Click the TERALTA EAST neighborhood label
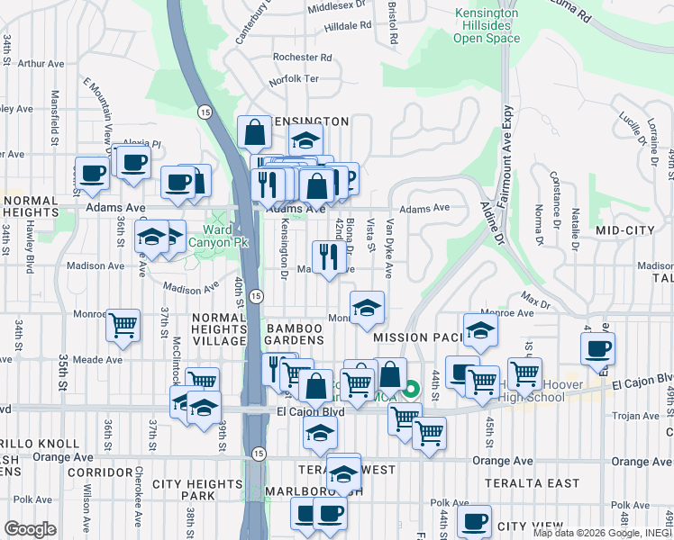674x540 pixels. [544, 483]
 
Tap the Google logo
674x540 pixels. [30, 529]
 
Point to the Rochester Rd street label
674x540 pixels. [303, 57]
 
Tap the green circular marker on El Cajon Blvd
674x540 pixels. [410, 390]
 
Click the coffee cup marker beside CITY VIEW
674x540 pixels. [474, 519]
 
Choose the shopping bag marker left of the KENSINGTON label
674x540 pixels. [255, 131]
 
